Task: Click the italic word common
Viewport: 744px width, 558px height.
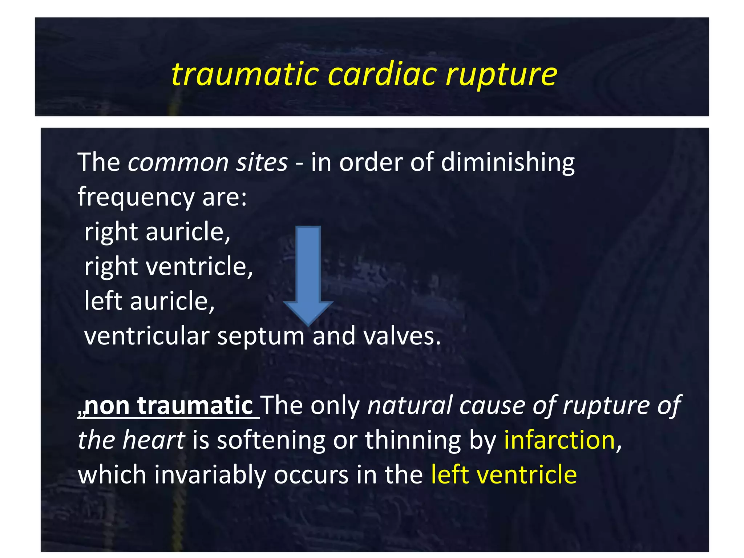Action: pos(178,162)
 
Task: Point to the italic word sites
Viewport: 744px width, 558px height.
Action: pos(262,162)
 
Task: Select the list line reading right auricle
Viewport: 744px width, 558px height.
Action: pos(157,232)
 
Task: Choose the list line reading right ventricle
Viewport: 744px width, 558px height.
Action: pos(169,267)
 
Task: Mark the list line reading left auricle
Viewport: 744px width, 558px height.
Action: pos(149,301)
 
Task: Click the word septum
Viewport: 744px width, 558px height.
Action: pos(261,337)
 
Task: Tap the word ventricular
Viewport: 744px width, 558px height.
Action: pos(147,336)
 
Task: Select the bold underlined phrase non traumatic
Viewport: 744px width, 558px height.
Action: pos(169,405)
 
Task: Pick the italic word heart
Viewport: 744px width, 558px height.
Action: pos(154,440)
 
